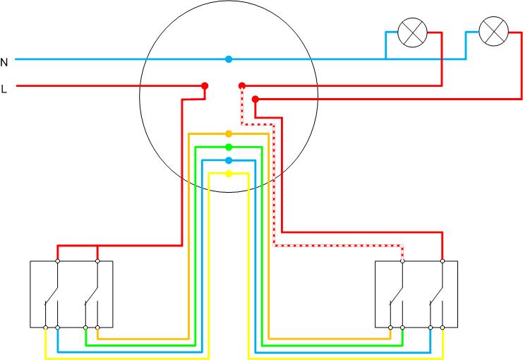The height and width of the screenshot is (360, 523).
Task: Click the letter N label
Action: point(4,62)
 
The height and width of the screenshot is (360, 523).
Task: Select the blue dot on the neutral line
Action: point(228,59)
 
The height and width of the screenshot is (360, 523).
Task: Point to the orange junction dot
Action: point(228,133)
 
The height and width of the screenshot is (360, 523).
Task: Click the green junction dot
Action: point(228,147)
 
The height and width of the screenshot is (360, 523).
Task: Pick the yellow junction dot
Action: point(228,174)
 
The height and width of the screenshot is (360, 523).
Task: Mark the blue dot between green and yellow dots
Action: point(228,160)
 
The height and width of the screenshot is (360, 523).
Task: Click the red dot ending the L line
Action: point(205,86)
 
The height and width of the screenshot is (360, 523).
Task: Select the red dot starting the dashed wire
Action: point(241,86)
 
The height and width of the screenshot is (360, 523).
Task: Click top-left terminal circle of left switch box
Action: point(58,261)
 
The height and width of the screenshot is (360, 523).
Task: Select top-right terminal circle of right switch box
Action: point(443,261)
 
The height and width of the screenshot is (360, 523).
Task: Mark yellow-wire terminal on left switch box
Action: point(46,328)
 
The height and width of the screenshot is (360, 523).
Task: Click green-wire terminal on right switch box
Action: point(403,328)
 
